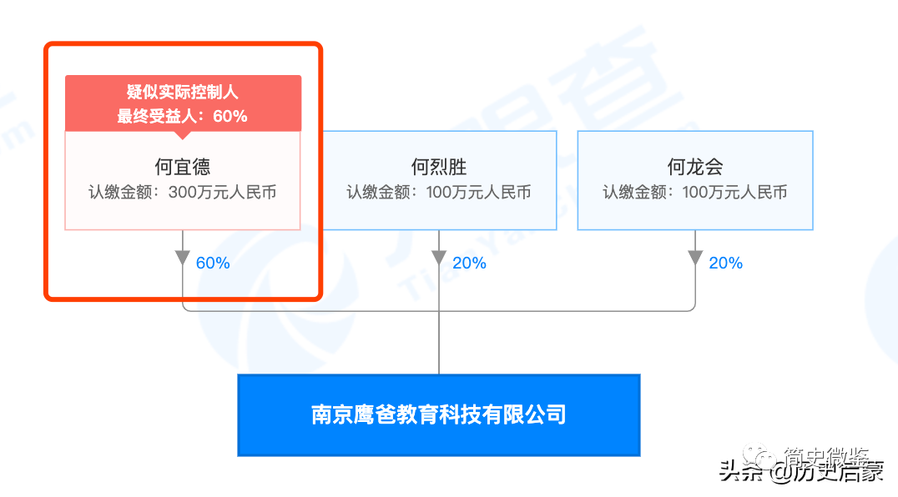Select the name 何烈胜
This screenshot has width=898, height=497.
439,167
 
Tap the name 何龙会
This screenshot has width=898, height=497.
694,167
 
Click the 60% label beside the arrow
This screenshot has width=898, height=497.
212,264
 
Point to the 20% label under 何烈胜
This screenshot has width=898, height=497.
469,264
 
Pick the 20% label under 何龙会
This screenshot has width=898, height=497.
725,264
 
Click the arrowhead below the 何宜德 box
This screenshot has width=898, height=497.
183,257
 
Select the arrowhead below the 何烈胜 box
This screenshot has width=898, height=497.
439,257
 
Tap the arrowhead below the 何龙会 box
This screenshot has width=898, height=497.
695,257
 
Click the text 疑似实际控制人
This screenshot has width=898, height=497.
183,93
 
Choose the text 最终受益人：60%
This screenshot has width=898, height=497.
183,116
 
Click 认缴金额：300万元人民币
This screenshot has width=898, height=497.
183,193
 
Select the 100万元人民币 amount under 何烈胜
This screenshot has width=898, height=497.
478,193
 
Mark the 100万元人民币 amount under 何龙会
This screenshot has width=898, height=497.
734,193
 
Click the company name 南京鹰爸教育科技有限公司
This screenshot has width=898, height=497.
439,414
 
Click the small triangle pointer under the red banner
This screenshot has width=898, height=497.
183,134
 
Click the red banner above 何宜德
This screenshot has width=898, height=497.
183,103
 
